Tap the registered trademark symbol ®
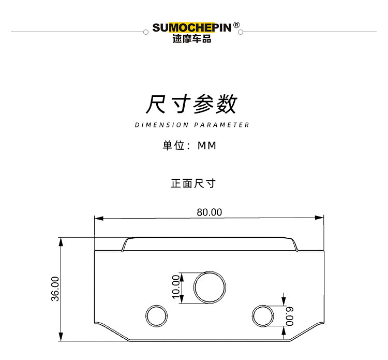(x=236, y=24)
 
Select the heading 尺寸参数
(x=191, y=104)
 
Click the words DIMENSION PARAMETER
(x=192, y=125)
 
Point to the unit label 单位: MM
(x=189, y=146)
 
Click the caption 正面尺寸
(x=193, y=183)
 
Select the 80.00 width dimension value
(x=209, y=212)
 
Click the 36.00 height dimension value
(x=55, y=289)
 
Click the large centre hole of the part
(x=210, y=286)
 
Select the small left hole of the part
(x=156, y=315)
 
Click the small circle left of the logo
(x=145, y=32)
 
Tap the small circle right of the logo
(x=241, y=32)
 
